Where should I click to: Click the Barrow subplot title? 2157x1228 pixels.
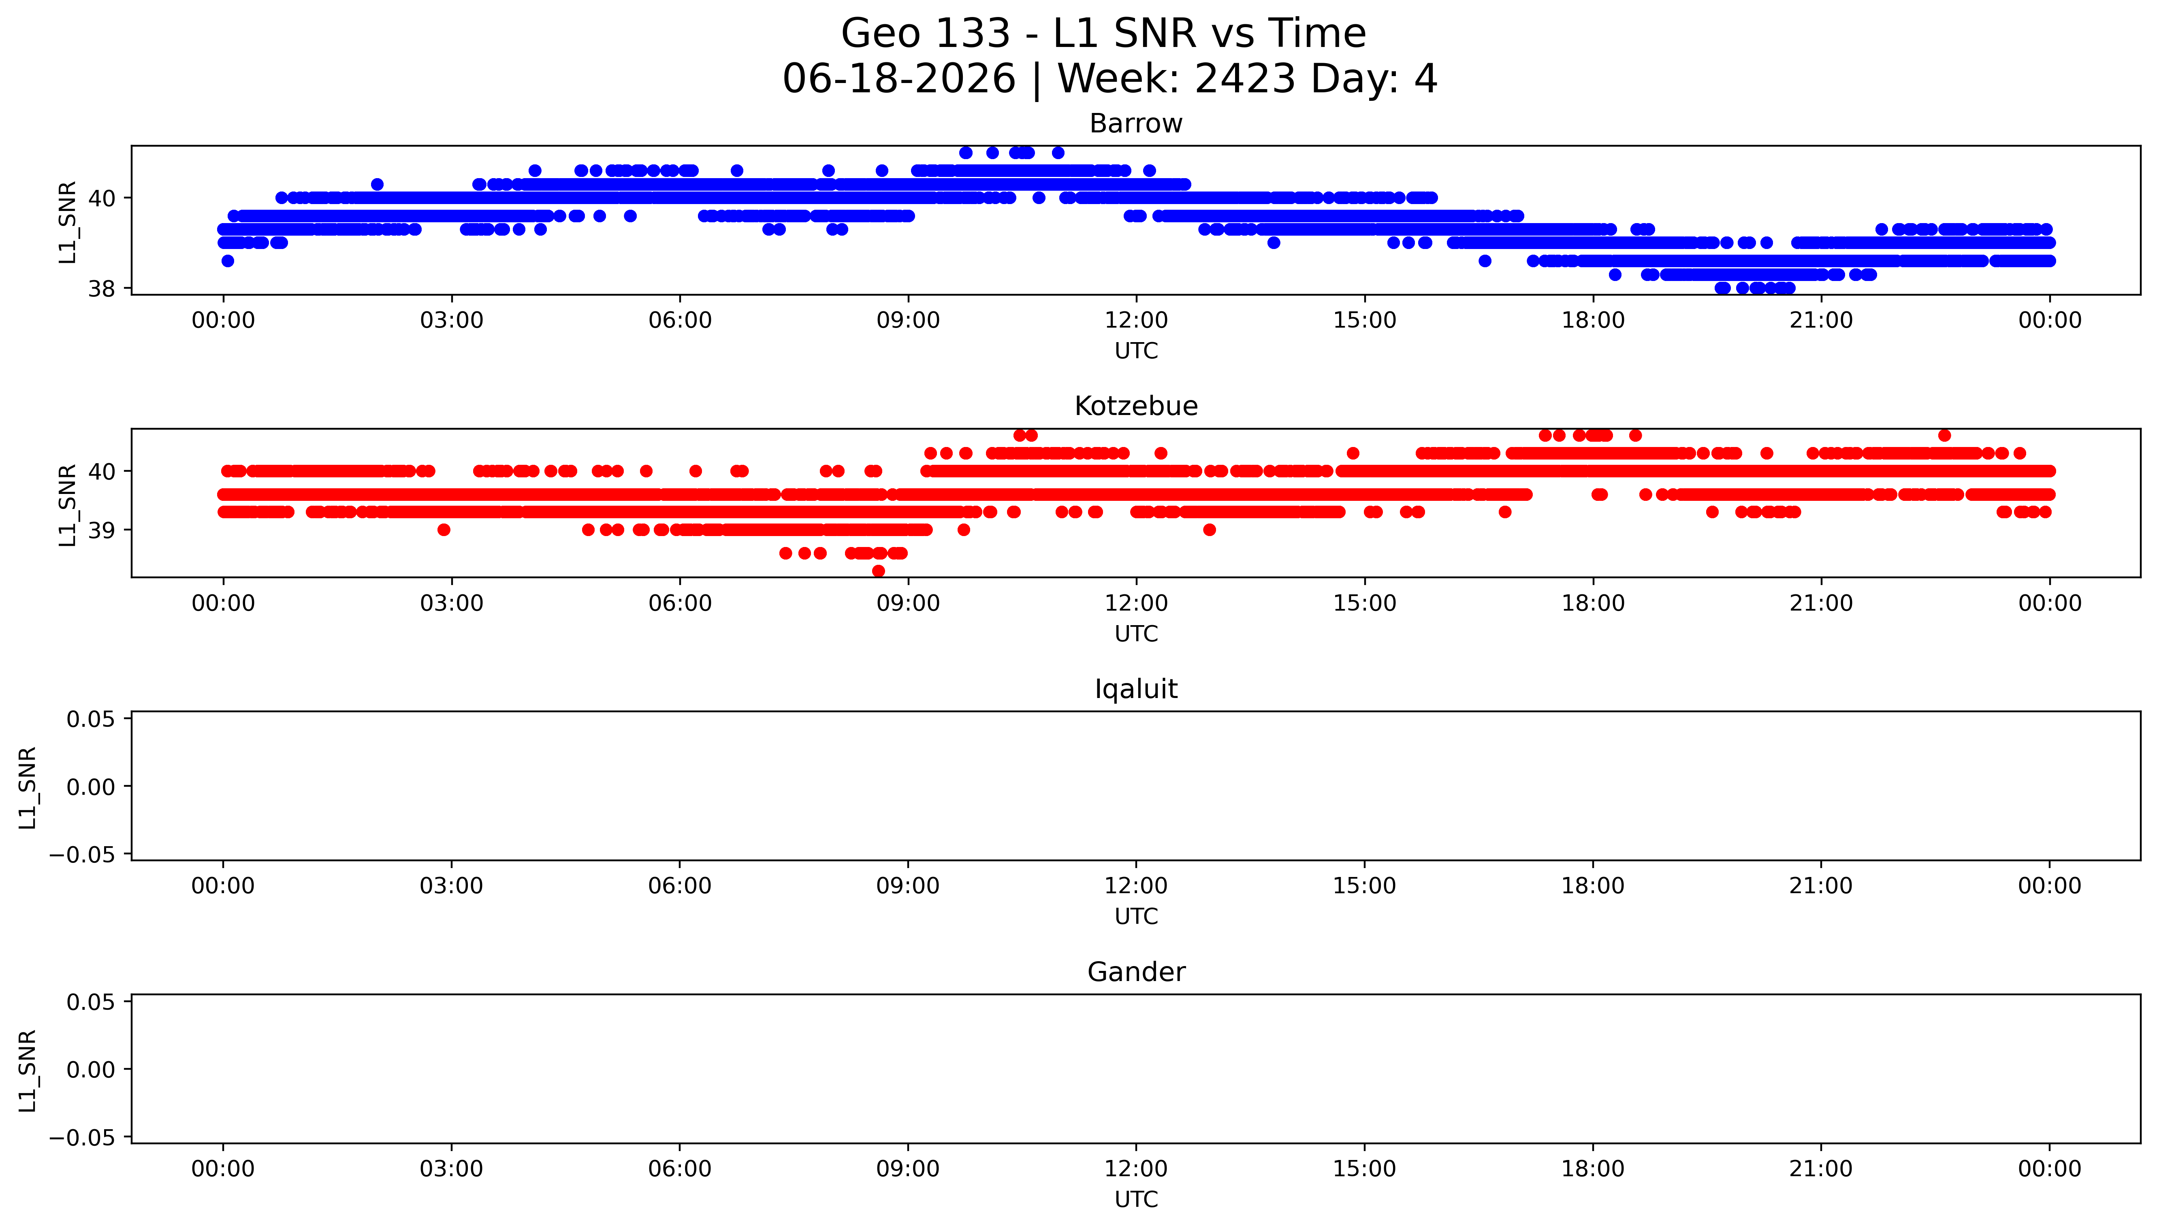pos(1135,124)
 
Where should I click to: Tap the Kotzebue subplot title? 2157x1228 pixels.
pos(1135,406)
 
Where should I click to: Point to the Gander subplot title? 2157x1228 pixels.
pos(1135,973)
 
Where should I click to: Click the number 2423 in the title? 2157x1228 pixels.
pos(1245,79)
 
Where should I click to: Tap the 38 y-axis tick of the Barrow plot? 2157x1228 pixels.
pos(102,289)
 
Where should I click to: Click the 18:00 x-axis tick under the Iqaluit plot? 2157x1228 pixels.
pos(1593,886)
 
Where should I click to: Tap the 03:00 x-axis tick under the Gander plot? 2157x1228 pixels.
pos(451,1169)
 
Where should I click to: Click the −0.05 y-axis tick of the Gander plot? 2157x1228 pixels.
pos(82,1138)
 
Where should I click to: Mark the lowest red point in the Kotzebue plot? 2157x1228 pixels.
pos(878,571)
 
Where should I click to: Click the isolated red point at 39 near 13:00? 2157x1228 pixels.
pos(1209,530)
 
